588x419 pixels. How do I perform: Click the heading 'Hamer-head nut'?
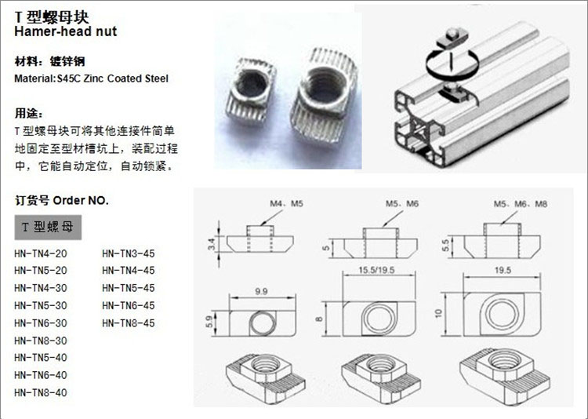tap(64, 31)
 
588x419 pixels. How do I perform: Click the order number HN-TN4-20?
tap(41, 253)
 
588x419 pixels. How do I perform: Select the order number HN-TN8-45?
tap(129, 322)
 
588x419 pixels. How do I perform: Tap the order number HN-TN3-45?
tap(129, 253)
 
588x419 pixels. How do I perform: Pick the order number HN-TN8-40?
tap(41, 392)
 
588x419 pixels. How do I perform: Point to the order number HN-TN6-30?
tap(41, 322)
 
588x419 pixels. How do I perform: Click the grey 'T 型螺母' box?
tap(48, 227)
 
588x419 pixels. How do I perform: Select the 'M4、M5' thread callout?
tap(286, 204)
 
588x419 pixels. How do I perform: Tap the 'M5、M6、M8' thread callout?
tap(520, 204)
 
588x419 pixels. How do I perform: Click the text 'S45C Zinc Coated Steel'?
tap(112, 78)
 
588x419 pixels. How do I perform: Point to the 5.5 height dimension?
tap(446, 243)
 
